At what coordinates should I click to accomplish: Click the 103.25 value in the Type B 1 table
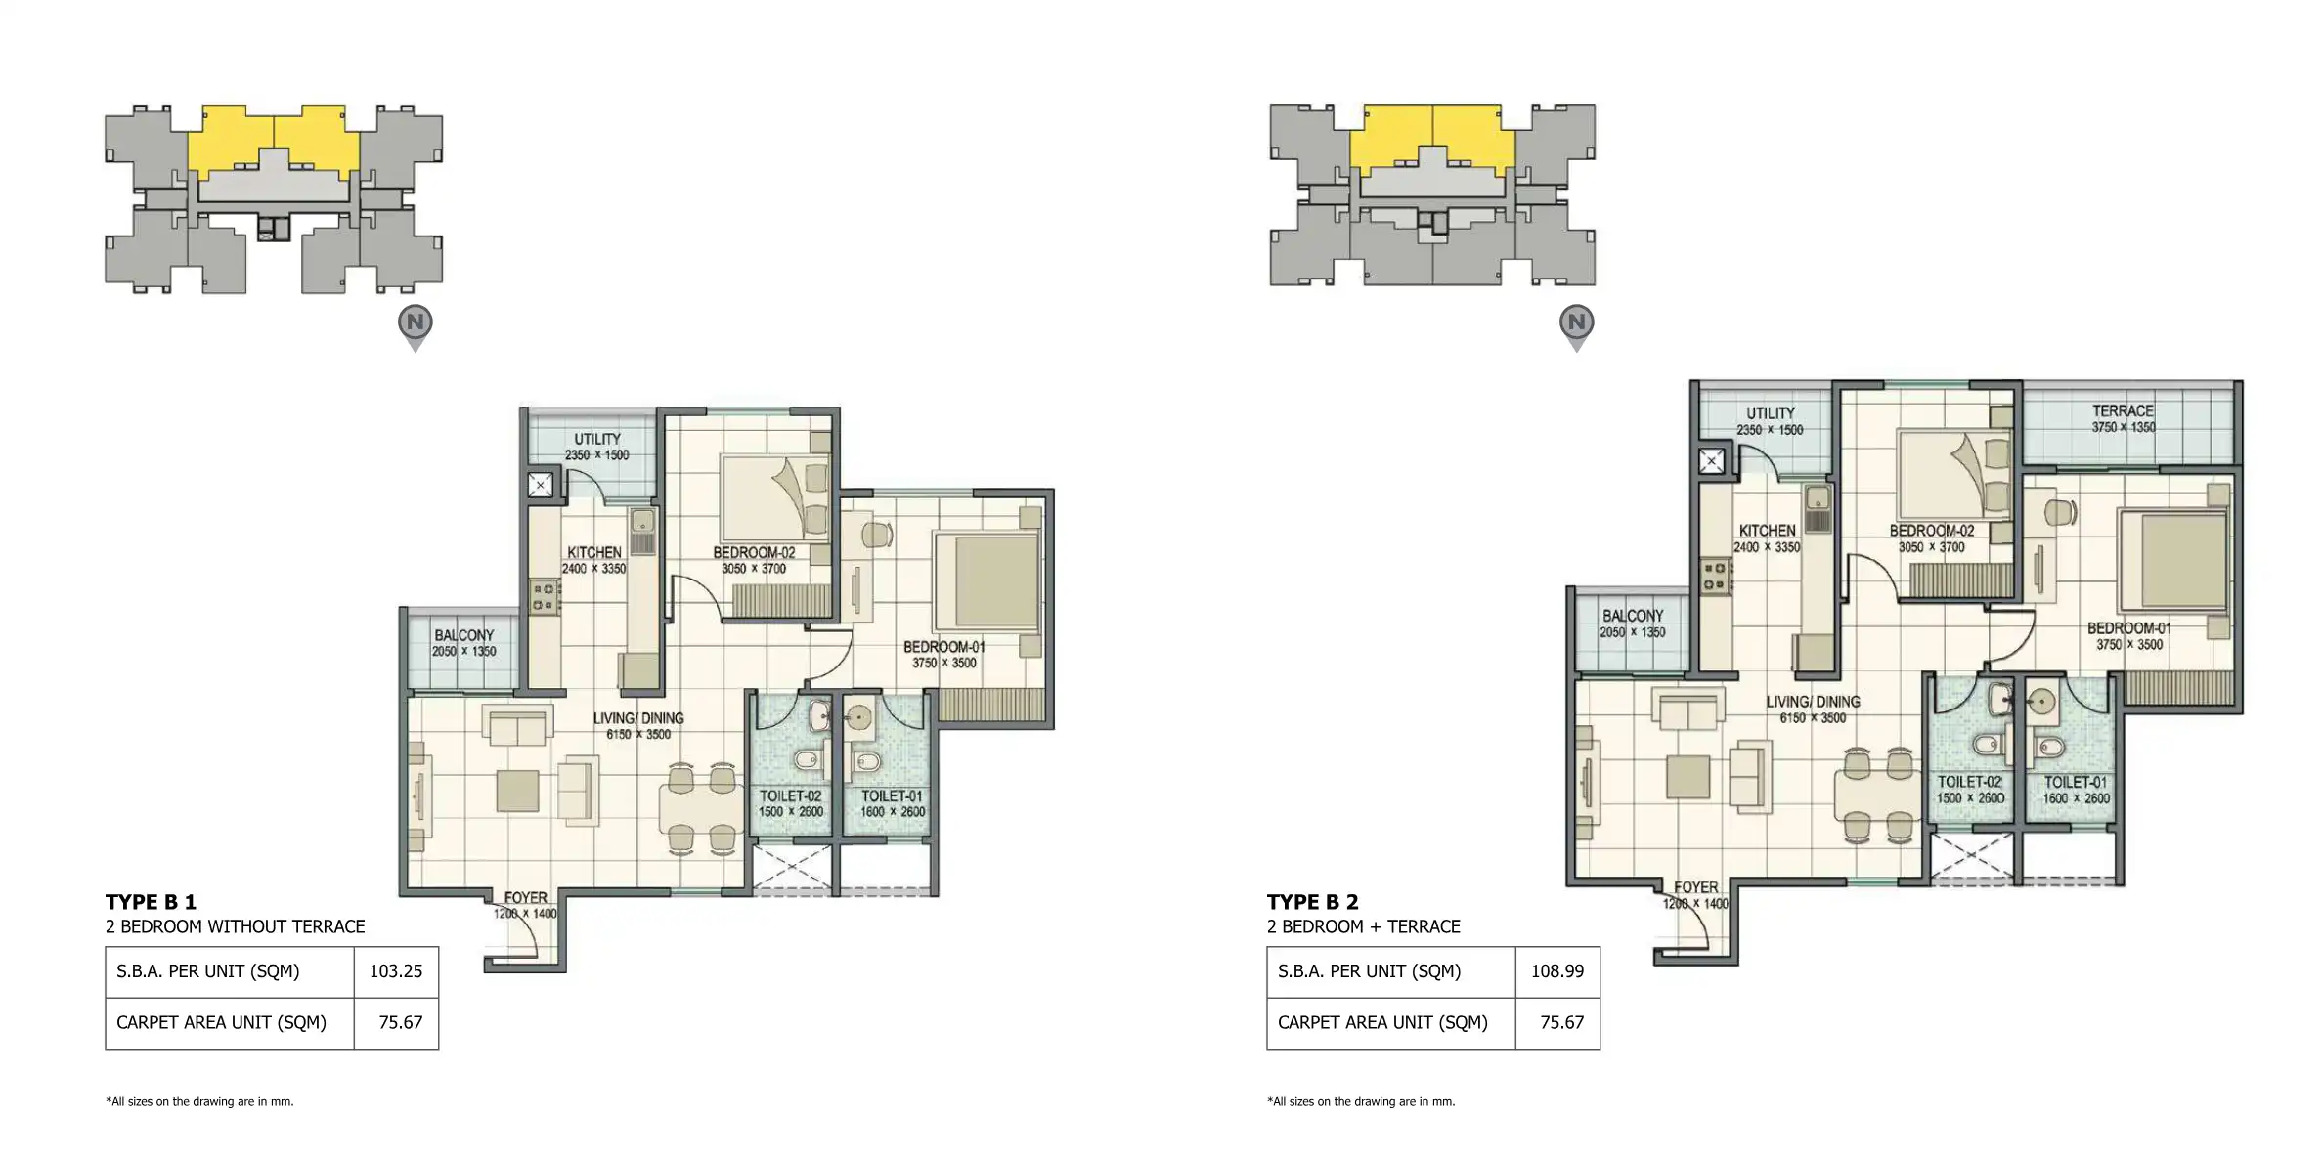[x=396, y=971]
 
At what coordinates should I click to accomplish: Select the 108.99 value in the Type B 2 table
[x=1557, y=971]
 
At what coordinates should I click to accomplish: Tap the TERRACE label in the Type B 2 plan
[x=2123, y=411]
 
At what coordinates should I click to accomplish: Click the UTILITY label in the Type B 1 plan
[x=597, y=439]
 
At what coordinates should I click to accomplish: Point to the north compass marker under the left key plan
[x=416, y=326]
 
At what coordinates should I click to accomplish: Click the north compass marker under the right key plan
[x=1577, y=326]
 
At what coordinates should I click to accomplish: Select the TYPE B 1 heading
[x=151, y=902]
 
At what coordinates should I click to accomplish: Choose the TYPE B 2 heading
[x=1313, y=902]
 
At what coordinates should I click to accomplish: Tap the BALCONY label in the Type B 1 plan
[x=464, y=635]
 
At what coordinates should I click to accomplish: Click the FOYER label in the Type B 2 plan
[x=1696, y=887]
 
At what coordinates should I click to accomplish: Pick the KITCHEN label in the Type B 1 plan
[x=594, y=552]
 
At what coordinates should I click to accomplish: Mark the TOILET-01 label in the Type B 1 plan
[x=892, y=796]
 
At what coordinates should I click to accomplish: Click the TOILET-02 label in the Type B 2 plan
[x=1970, y=782]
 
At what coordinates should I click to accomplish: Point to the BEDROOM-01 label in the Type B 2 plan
[x=2129, y=628]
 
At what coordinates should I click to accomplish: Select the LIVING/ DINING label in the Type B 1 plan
[x=638, y=718]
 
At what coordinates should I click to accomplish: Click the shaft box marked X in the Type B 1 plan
[x=541, y=484]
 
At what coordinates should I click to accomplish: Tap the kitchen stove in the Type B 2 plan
[x=1714, y=575]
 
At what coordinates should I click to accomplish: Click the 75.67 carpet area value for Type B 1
[x=401, y=1022]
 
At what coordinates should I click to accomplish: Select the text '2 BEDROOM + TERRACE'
[x=1364, y=926]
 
